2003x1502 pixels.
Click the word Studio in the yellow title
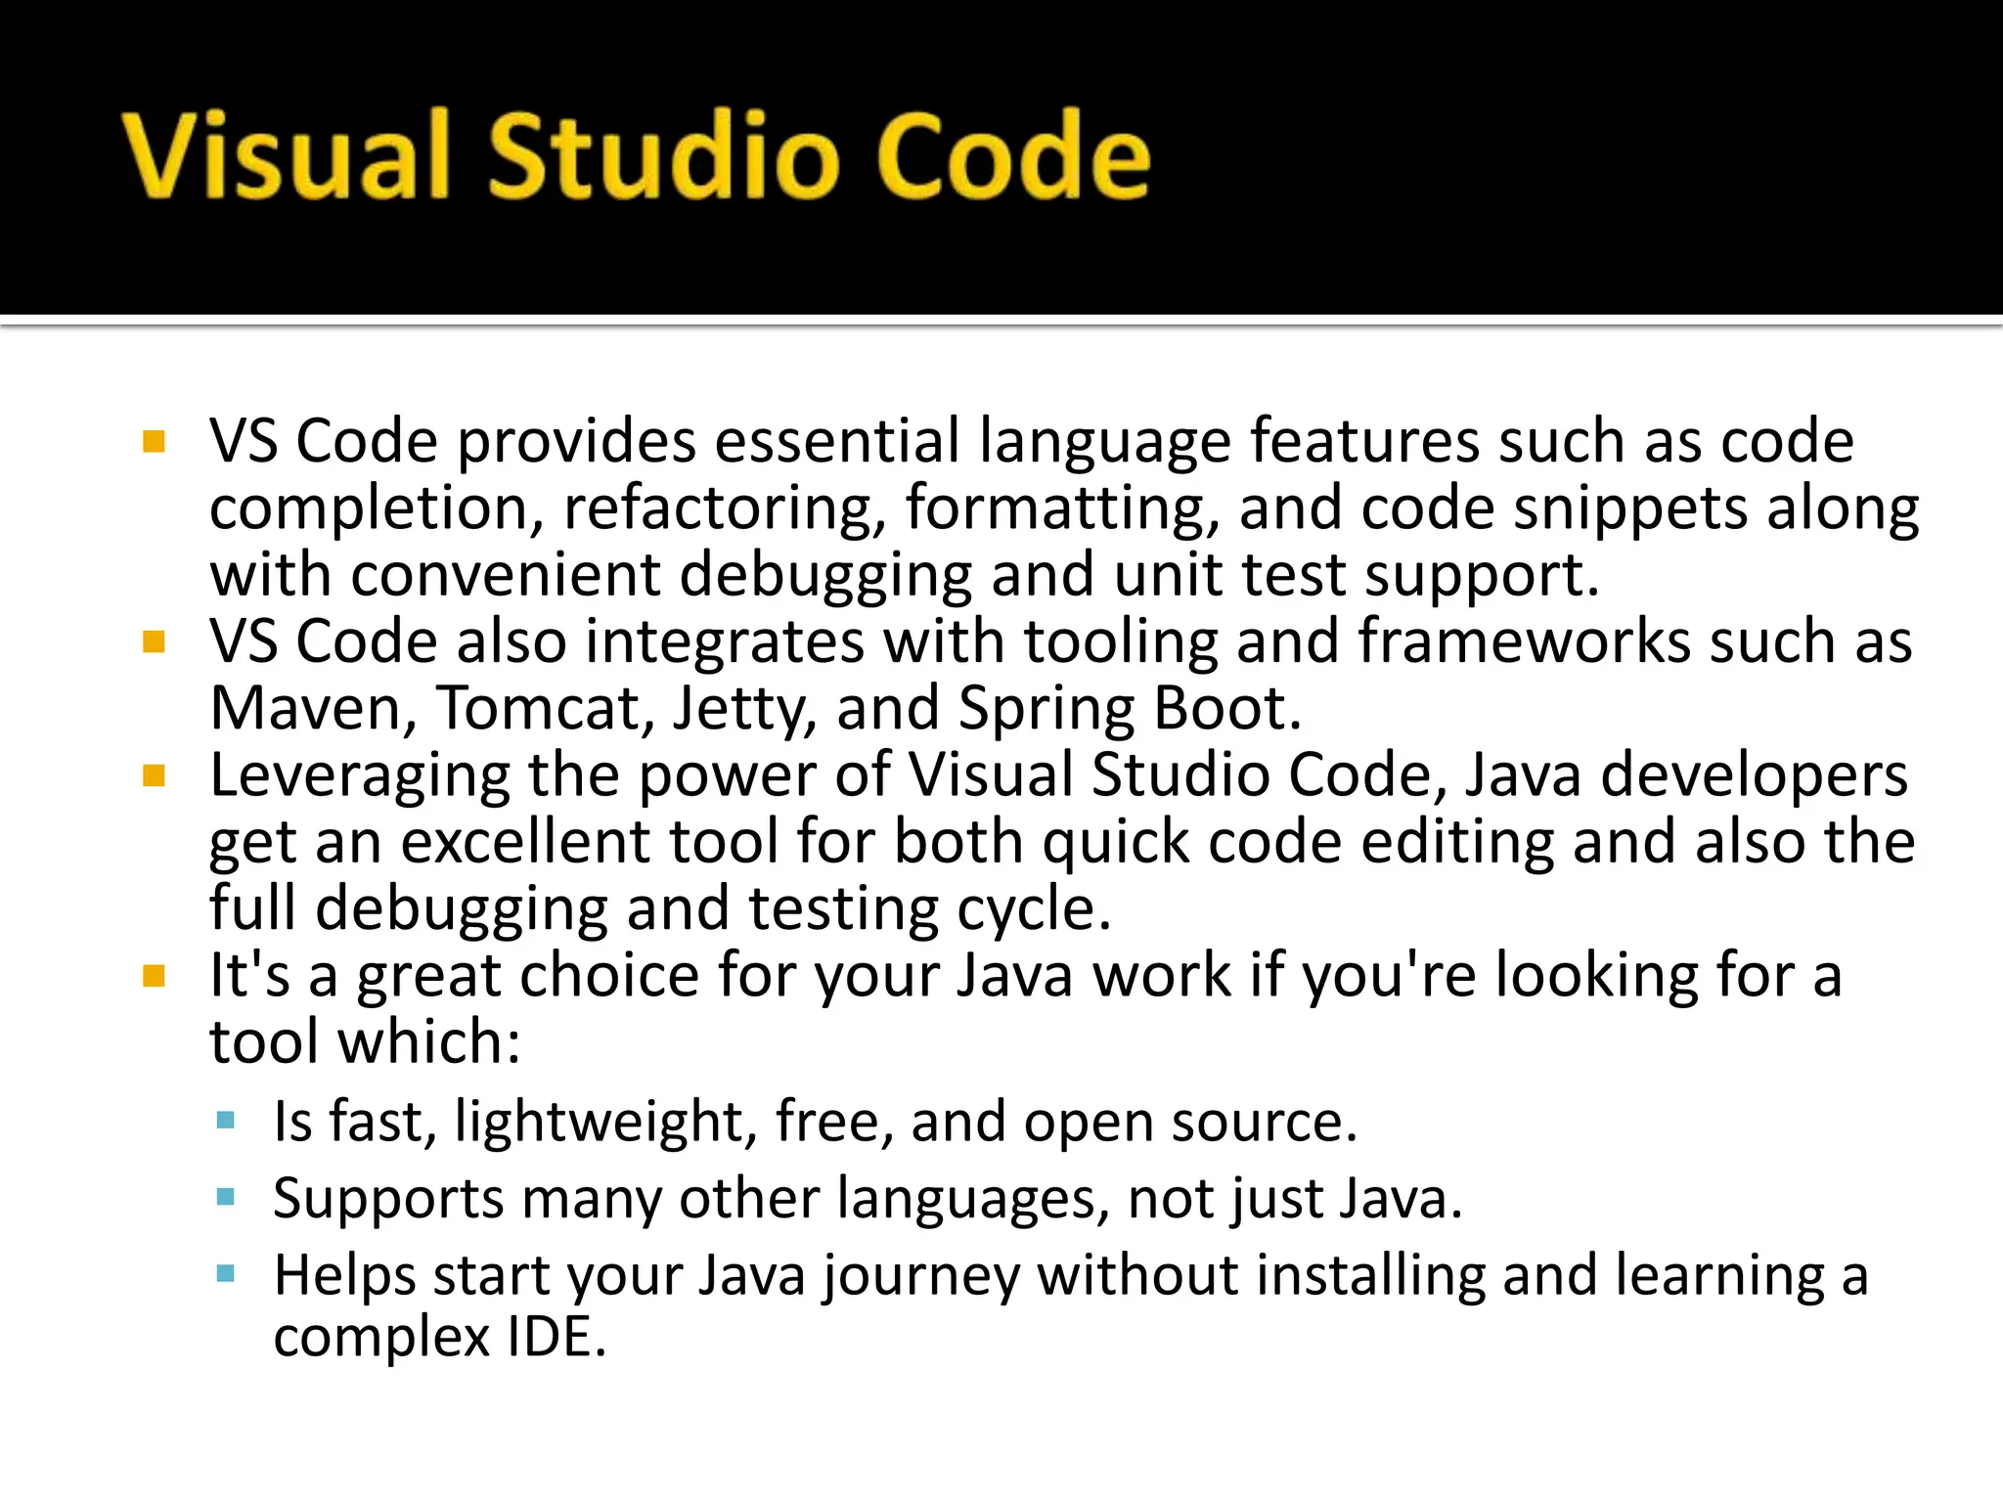point(663,156)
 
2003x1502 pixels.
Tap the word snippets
point(1630,510)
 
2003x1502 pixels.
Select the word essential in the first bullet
point(837,441)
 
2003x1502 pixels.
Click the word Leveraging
point(360,777)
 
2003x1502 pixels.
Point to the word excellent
point(526,842)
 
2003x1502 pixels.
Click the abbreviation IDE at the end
point(556,1338)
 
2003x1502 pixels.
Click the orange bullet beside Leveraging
point(154,776)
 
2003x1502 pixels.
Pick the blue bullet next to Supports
point(226,1197)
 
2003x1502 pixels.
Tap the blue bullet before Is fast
point(226,1121)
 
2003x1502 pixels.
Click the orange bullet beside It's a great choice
point(154,976)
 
